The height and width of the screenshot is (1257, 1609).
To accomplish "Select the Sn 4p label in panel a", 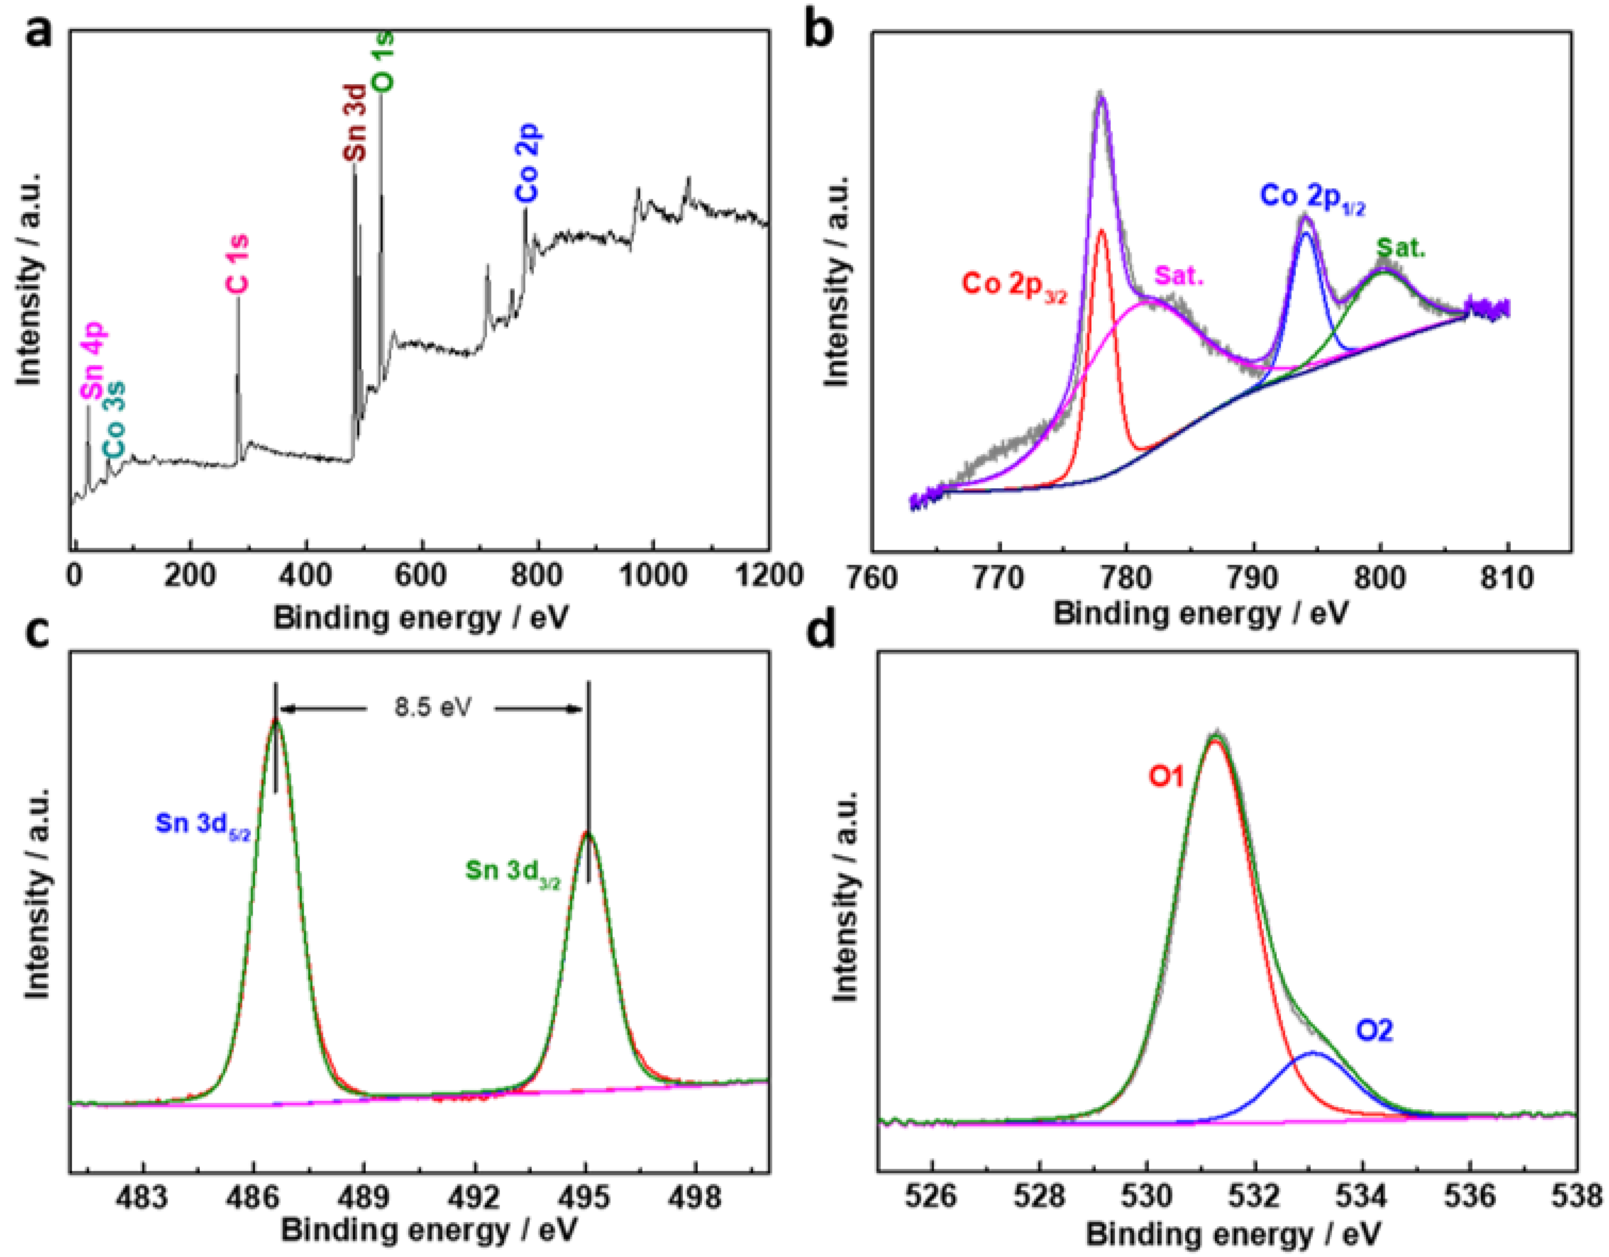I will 94,362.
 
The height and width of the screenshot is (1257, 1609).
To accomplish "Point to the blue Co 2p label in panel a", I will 527,163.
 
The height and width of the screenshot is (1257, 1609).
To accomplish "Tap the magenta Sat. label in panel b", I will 1179,276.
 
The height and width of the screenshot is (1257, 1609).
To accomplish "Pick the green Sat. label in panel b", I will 1400,249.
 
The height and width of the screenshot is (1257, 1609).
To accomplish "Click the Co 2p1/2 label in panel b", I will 1312,197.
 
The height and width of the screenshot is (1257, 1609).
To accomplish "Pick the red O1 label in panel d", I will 1166,776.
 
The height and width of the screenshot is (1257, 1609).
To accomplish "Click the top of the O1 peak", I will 1216,736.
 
